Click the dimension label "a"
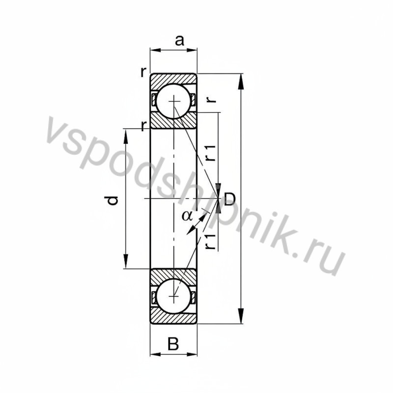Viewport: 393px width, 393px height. coord(179,41)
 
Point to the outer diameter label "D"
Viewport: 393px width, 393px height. coord(229,199)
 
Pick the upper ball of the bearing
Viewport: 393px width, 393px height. coord(174,101)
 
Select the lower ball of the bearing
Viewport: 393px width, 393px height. coord(174,296)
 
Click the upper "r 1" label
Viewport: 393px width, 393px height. coord(210,153)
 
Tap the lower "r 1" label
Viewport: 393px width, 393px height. coord(210,241)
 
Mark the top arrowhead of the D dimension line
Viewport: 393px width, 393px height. coord(241,82)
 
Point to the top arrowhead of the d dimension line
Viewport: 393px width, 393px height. coord(127,135)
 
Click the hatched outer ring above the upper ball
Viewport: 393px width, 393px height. coord(174,79)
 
